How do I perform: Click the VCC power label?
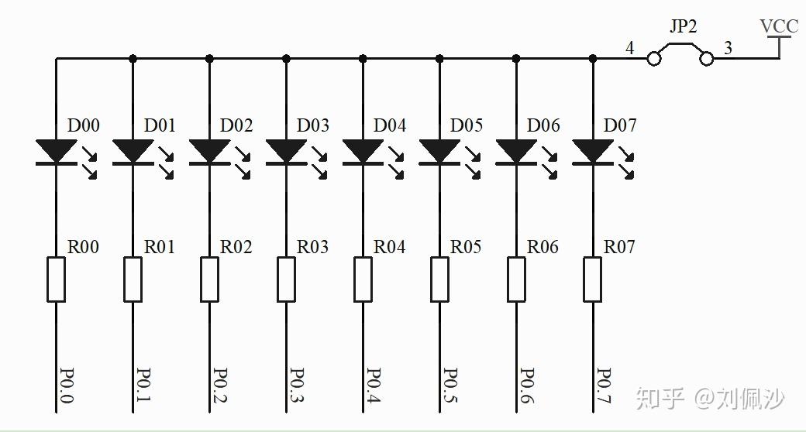[779, 26]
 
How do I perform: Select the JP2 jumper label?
[683, 26]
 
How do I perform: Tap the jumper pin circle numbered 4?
[653, 58]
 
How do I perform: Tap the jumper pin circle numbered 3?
[706, 58]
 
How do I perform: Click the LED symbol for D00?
[56, 151]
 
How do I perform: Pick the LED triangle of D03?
[286, 151]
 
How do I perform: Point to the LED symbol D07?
[594, 151]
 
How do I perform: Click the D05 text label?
[467, 125]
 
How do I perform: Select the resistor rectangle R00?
[56, 279]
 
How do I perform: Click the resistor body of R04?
[363, 279]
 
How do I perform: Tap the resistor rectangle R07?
[594, 279]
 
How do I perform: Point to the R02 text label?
[236, 247]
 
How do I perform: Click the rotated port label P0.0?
[66, 385]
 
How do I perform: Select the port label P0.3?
[296, 385]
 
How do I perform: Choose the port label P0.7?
[604, 385]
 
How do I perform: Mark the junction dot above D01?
[133, 58]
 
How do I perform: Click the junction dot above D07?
[594, 58]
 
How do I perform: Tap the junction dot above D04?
[363, 58]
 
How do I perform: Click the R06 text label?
[543, 247]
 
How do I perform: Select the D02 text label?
[236, 125]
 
